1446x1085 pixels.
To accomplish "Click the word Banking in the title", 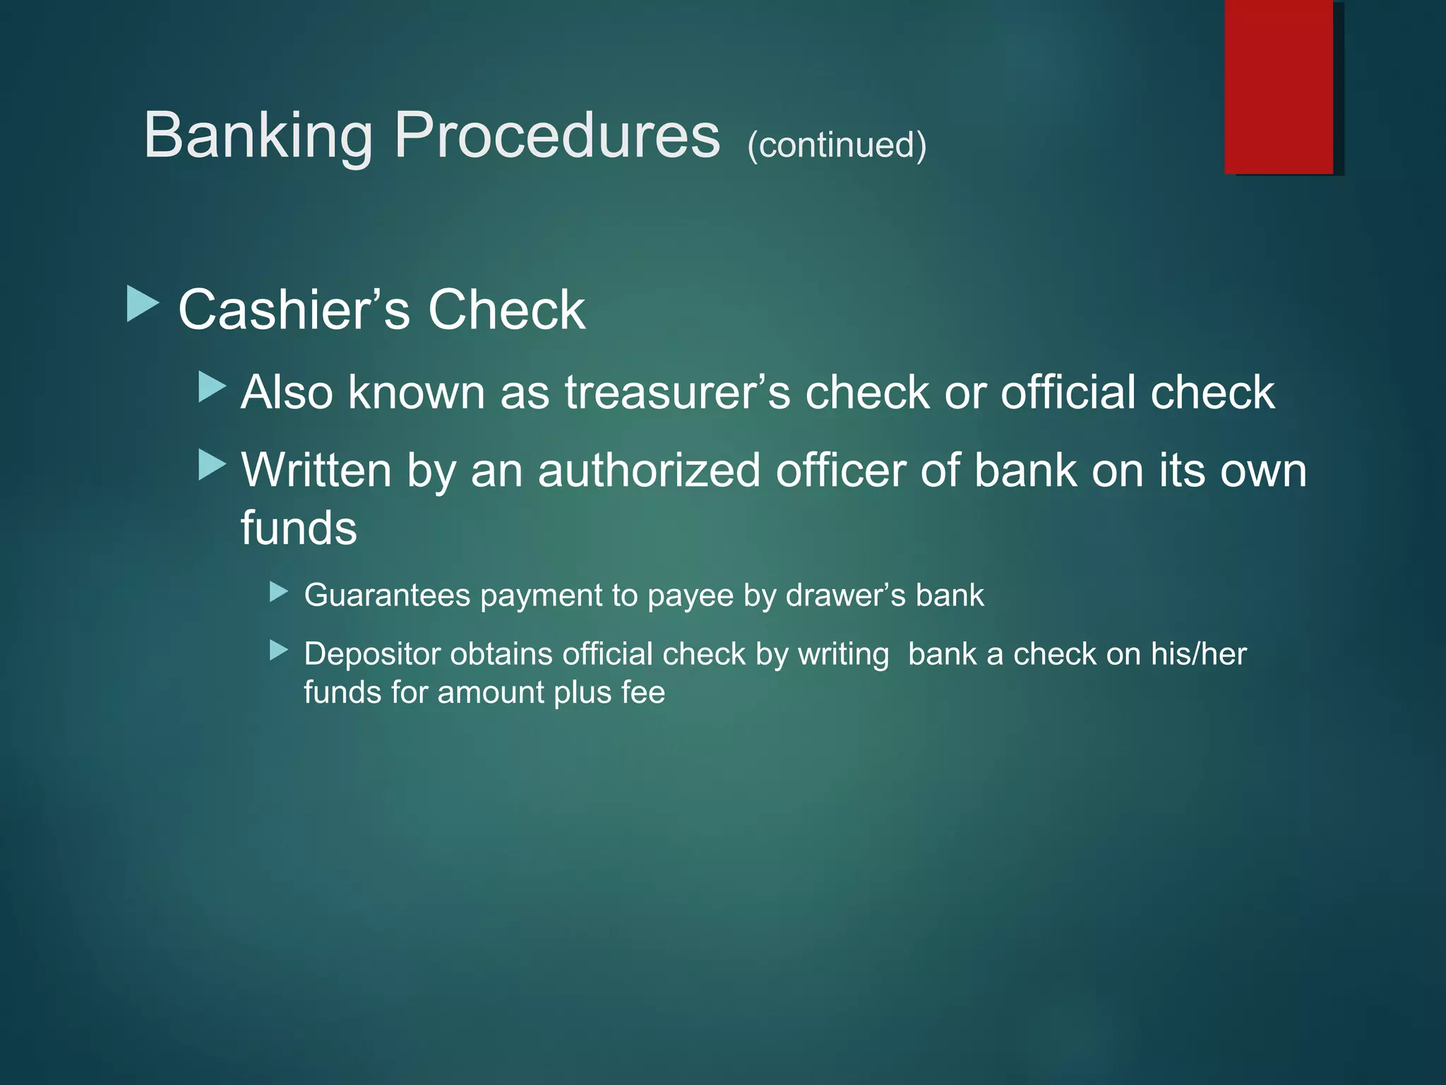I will pyautogui.click(x=258, y=136).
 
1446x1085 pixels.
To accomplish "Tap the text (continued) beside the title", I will pyautogui.click(x=837, y=145).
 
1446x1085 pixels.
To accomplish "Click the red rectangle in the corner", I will pyautogui.click(x=1279, y=86).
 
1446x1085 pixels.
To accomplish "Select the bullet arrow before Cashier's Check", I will pyautogui.click(x=143, y=304).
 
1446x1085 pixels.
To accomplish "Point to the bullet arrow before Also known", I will pyautogui.click(x=212, y=387).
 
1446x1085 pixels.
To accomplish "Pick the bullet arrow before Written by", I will pyautogui.click(x=212, y=465).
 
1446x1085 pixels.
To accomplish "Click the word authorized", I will pyautogui.click(x=649, y=470).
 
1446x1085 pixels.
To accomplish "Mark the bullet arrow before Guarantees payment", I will pyautogui.click(x=279, y=591).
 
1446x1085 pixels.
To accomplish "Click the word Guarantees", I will pyautogui.click(x=387, y=595).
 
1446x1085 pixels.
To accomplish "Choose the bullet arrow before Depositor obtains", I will pyautogui.click(x=279, y=650).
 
